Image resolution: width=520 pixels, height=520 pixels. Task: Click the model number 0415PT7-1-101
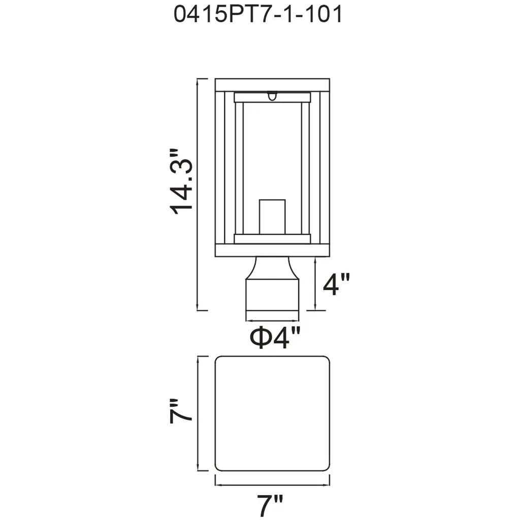257,15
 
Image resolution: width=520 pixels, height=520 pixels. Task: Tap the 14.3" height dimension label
181,182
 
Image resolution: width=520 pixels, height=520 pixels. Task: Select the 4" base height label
336,284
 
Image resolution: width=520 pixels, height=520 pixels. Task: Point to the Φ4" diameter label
275,338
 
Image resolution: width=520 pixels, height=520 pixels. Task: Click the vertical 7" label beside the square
181,411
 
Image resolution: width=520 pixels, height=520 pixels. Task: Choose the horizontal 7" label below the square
270,504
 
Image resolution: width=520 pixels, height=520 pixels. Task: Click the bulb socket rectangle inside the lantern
272,217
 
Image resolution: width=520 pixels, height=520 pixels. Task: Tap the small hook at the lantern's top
272,96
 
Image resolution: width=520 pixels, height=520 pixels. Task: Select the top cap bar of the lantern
272,85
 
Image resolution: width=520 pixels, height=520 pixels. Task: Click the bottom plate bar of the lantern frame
272,250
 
